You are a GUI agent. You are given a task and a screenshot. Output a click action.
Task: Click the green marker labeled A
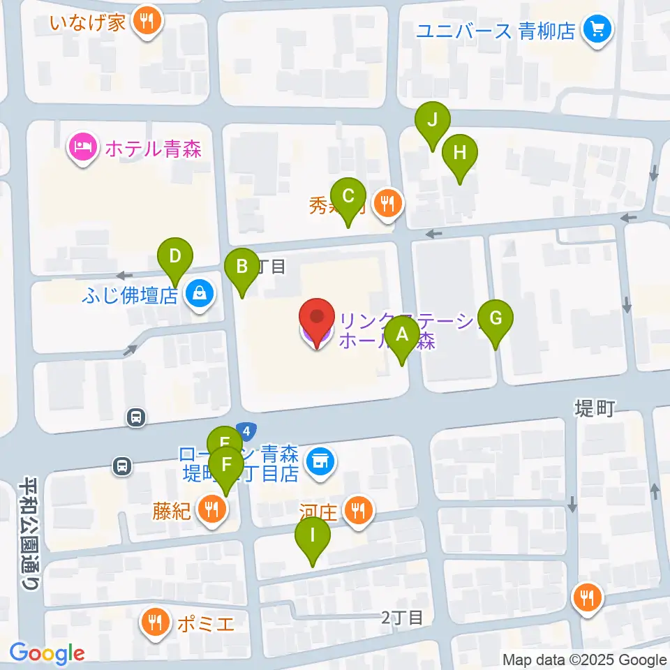[x=402, y=334]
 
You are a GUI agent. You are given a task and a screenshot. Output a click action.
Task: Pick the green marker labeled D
[x=175, y=256]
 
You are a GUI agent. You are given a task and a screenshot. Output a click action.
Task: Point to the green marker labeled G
[x=496, y=319]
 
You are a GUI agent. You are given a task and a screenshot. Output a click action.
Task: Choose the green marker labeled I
[x=312, y=536]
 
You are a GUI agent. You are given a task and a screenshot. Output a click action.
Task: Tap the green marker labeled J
[x=432, y=120]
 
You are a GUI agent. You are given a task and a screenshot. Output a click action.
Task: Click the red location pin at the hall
[x=317, y=319]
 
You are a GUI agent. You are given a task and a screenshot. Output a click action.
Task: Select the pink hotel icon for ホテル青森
[x=82, y=147]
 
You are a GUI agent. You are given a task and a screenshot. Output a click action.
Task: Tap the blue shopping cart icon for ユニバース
[x=597, y=29]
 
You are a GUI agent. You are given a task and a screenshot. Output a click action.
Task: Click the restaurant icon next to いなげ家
[x=147, y=21]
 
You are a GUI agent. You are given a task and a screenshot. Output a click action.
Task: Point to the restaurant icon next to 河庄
[x=359, y=512]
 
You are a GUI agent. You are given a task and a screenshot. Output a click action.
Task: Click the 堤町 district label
[x=594, y=408]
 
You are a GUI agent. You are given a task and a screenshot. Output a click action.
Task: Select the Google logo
[x=47, y=653]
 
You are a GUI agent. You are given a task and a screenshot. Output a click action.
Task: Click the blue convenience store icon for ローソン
[x=321, y=460]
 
